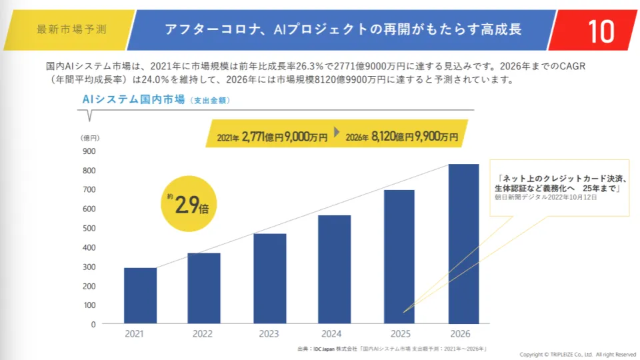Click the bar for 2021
(140, 296)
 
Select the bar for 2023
(269, 279)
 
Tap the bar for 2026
(463, 244)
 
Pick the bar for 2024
(334, 269)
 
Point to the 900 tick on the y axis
(89, 151)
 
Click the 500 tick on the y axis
(89, 228)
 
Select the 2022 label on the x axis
(205, 334)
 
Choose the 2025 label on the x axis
(399, 334)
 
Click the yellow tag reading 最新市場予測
(70, 30)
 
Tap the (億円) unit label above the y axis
(90, 137)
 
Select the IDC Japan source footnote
(393, 349)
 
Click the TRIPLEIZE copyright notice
(578, 354)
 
